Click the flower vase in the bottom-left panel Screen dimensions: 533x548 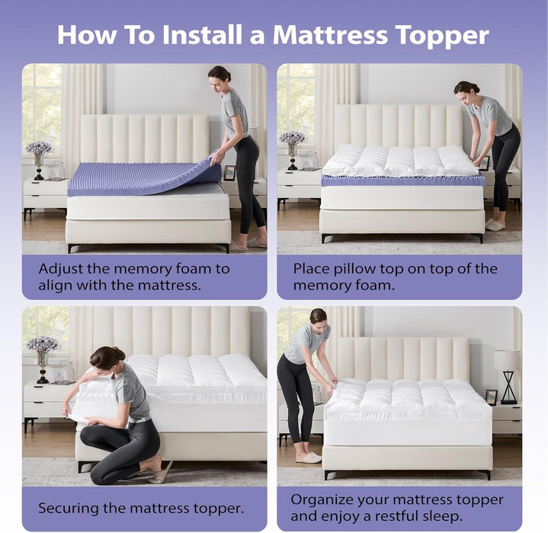click(43, 354)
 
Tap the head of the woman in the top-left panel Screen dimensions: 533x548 click(220, 75)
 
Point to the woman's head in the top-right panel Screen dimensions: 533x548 click(466, 91)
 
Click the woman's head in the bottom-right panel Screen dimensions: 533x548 click(318, 317)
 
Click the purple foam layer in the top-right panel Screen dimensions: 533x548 click(402, 180)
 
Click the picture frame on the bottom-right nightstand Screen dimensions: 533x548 click(492, 397)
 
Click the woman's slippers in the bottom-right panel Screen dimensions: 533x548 click(309, 458)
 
